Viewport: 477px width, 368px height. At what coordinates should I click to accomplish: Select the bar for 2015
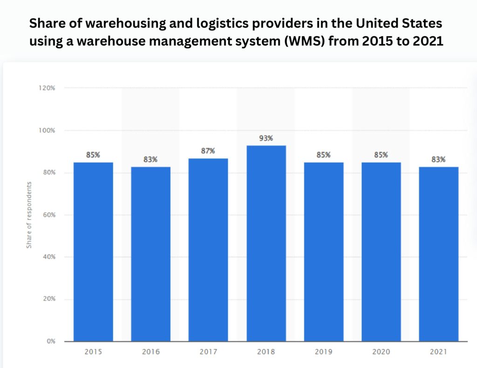93,252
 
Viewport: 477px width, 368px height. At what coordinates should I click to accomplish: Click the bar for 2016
150,254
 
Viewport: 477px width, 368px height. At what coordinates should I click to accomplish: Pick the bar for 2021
438,254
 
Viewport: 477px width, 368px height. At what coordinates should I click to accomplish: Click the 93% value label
266,138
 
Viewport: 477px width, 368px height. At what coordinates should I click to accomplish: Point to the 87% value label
208,151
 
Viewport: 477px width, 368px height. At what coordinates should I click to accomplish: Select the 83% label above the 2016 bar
150,159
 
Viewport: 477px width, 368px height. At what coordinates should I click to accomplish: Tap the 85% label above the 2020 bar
381,155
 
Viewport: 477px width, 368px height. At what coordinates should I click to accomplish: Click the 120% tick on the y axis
47,88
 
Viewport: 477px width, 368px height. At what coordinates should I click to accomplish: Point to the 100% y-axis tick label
47,130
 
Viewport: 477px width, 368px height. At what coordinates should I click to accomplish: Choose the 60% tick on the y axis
48,215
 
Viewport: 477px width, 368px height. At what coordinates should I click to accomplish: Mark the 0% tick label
50,341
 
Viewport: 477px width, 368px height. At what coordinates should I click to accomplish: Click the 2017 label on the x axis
208,352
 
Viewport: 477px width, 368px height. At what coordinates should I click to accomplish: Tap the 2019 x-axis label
323,352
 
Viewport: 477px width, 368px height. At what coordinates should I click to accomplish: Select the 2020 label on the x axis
381,352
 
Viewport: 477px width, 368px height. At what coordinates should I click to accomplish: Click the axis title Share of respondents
29,215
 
